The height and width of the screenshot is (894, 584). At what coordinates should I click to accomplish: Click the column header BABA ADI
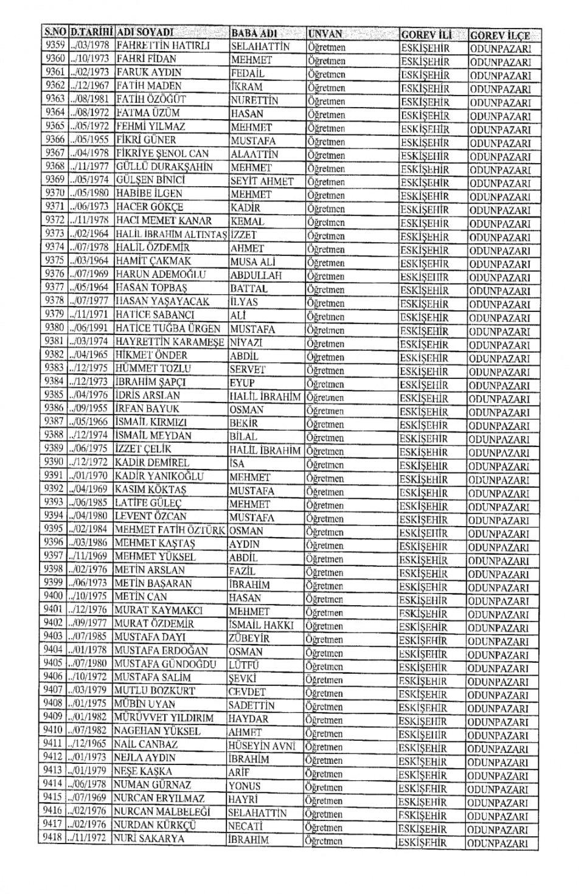click(x=254, y=33)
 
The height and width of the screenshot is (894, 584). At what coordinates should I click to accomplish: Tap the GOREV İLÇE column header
click(x=499, y=35)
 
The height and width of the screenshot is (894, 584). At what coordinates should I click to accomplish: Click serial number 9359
click(x=55, y=45)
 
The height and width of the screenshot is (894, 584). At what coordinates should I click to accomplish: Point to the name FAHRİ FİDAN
click(x=146, y=59)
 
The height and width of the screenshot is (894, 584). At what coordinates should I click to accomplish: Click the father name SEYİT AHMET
click(x=262, y=181)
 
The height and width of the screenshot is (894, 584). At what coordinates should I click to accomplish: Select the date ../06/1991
click(x=89, y=328)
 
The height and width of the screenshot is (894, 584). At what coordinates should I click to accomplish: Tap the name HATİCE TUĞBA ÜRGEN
click(x=168, y=328)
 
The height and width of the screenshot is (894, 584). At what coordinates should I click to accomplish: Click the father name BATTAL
click(x=249, y=289)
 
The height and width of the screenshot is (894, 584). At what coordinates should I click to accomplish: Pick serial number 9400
click(x=54, y=596)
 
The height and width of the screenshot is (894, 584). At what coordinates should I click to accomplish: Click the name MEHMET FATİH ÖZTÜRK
click(x=170, y=530)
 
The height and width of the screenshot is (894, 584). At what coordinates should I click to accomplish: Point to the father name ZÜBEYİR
click(x=249, y=639)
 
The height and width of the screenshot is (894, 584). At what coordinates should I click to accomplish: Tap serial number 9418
click(x=53, y=837)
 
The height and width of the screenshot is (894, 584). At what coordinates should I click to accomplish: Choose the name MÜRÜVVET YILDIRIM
click(x=164, y=718)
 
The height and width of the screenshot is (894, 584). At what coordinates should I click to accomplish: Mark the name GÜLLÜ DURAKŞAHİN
click(x=164, y=167)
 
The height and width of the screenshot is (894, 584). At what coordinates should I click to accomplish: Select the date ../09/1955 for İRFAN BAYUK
click(x=89, y=409)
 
